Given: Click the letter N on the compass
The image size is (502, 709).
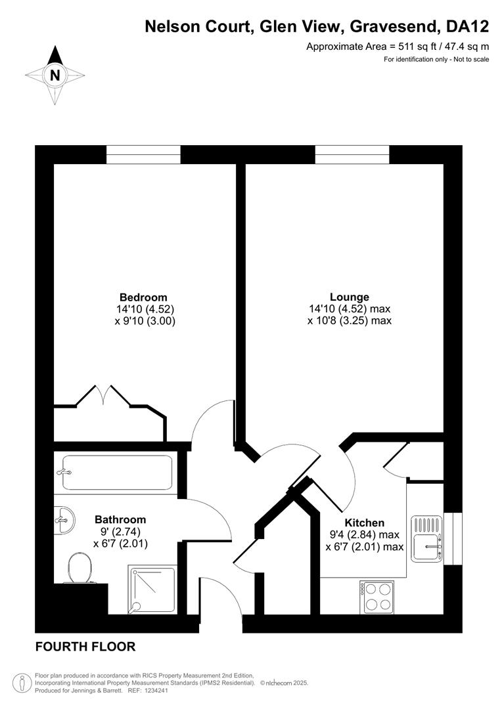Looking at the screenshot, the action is (x=55, y=75).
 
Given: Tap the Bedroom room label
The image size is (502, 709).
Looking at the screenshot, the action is (x=143, y=297).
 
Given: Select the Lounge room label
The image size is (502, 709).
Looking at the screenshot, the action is (x=349, y=297).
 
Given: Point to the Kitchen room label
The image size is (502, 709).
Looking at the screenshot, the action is (x=365, y=523).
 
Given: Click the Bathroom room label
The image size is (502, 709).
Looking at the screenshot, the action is (x=120, y=519).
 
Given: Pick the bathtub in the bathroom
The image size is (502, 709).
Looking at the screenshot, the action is (x=117, y=473).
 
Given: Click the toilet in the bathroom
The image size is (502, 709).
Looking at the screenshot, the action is (x=80, y=567).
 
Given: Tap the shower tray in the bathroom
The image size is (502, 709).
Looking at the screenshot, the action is (x=152, y=590).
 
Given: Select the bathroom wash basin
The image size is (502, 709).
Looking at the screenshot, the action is (x=64, y=521).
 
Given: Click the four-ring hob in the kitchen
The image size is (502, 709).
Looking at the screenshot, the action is (x=378, y=597).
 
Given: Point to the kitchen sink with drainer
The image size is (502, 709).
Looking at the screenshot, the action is (x=427, y=539).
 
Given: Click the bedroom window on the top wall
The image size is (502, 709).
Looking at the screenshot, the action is (x=143, y=155).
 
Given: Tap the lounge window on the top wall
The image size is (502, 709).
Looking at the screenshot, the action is (x=352, y=155).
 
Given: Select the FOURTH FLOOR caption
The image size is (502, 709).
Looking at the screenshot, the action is (x=85, y=647).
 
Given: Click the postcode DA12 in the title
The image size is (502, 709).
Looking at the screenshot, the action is (x=468, y=27).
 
